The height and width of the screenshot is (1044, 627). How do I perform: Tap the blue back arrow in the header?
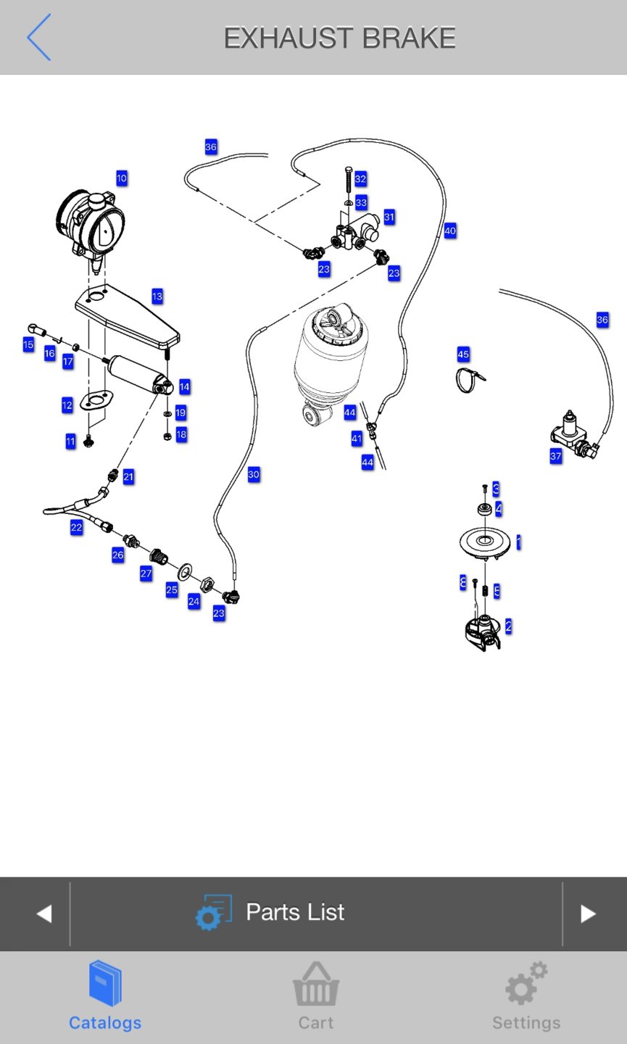pos(38,37)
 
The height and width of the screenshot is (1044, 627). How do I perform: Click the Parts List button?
pos(294,913)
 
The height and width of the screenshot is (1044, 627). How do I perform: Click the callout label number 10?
pos(122,178)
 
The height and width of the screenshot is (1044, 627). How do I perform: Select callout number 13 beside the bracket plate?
pos(157,297)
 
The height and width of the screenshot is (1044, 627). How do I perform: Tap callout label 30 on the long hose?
pos(254,475)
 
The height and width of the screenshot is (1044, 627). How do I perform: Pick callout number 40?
pos(450,231)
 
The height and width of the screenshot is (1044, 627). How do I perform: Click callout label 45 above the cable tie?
pos(463,355)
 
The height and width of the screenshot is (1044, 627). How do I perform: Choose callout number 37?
pos(556,456)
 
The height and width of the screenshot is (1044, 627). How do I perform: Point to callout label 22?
pos(76,528)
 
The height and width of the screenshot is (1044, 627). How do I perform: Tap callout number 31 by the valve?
pos(389,217)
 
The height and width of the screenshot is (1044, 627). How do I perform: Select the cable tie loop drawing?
pos(469,379)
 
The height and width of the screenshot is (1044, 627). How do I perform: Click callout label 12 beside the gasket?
pos(67,405)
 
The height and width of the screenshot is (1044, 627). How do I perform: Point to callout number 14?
pos(184,387)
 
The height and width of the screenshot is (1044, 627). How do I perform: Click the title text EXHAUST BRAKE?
pos(339,38)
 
